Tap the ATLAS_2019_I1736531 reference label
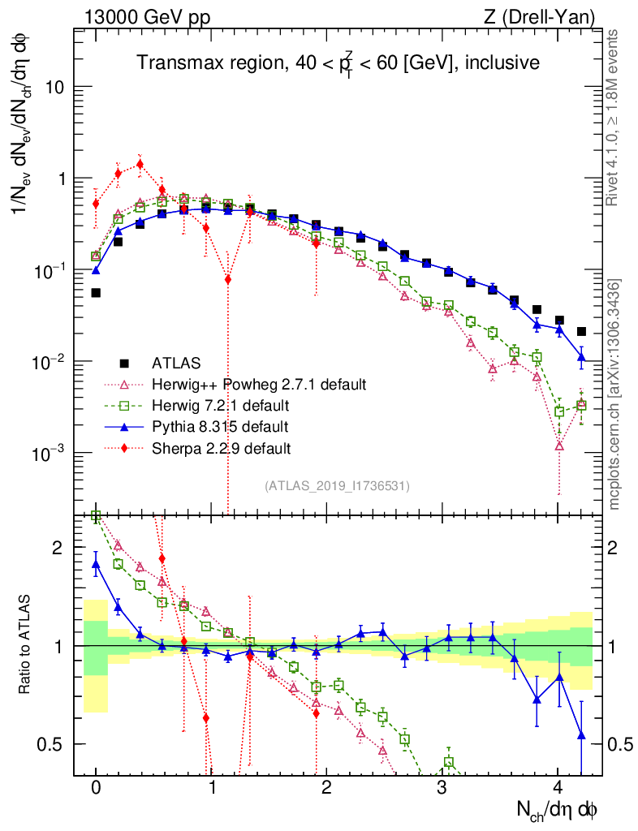point(337,486)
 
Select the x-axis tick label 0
point(96,788)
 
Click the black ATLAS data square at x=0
point(96,293)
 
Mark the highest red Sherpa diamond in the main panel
point(140,164)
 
